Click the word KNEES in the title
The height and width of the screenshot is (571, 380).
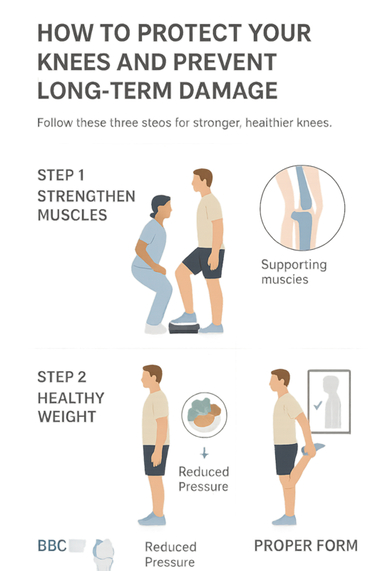click(x=73, y=61)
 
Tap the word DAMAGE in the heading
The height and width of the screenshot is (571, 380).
click(x=228, y=91)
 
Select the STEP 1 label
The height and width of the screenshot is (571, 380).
click(x=61, y=175)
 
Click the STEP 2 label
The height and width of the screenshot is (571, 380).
click(x=62, y=377)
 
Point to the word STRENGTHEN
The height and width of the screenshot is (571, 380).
click(x=86, y=196)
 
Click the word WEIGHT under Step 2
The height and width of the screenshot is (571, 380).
click(x=67, y=417)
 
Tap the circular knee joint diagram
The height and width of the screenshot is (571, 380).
click(x=302, y=208)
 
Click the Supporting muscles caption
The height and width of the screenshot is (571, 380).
click(x=294, y=272)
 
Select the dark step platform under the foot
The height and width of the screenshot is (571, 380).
click(x=184, y=328)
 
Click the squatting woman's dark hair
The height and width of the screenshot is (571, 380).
click(x=158, y=204)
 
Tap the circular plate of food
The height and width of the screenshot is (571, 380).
click(x=205, y=415)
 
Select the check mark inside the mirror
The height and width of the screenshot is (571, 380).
click(x=318, y=405)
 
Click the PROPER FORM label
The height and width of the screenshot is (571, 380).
click(x=306, y=545)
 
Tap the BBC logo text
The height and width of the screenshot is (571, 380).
click(x=52, y=545)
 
